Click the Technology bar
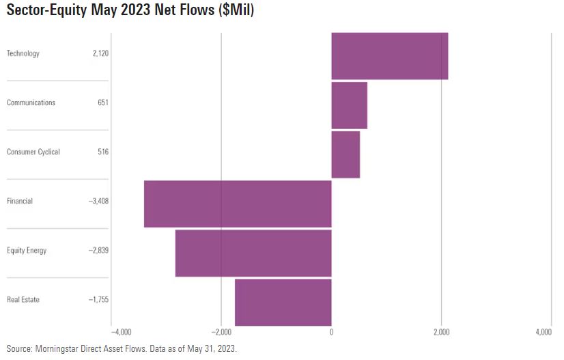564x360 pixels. pyautogui.click(x=389, y=56)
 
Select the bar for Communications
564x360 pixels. pyautogui.click(x=349, y=105)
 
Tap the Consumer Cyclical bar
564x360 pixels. pyautogui.click(x=346, y=154)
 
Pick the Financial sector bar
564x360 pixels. pyautogui.click(x=238, y=204)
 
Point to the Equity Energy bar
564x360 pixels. pyautogui.click(x=253, y=253)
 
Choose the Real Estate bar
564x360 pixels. pyautogui.click(x=283, y=302)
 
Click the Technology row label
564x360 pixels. pyautogui.click(x=23, y=53)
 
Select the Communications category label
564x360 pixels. pyautogui.click(x=31, y=102)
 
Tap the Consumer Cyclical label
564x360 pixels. pyautogui.click(x=33, y=152)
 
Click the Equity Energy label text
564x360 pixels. pyautogui.click(x=27, y=250)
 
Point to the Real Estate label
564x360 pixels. pyautogui.click(x=23, y=299)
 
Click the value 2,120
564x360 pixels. pyautogui.click(x=100, y=53)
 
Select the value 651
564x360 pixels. pyautogui.click(x=103, y=102)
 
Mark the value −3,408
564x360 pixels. pyautogui.click(x=98, y=201)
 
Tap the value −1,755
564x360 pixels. pyautogui.click(x=98, y=299)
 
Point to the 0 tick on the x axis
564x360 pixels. pyautogui.click(x=331, y=332)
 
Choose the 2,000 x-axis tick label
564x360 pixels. pyautogui.click(x=441, y=332)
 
